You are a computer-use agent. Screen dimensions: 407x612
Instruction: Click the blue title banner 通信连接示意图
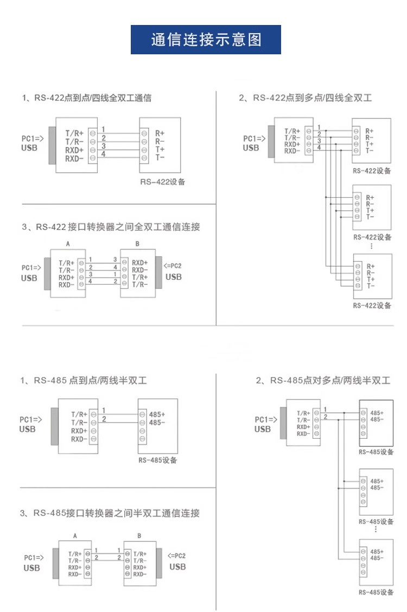click(206, 40)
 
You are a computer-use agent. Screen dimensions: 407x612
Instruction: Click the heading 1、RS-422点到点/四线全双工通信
click(87, 98)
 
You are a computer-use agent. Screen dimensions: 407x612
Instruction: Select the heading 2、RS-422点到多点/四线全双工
click(305, 98)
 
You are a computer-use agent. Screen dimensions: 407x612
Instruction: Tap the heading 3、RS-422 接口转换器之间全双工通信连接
click(111, 227)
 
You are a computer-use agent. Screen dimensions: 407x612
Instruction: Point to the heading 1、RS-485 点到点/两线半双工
click(84, 380)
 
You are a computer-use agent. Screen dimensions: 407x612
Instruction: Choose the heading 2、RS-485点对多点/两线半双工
click(323, 380)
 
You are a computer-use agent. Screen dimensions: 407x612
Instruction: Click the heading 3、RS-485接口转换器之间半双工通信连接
click(110, 513)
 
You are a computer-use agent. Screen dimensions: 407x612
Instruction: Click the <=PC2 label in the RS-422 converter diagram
click(173, 266)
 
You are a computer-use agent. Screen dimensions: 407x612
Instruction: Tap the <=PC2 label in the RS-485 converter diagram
click(177, 556)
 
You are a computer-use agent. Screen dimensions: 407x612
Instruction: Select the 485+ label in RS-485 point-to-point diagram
click(157, 414)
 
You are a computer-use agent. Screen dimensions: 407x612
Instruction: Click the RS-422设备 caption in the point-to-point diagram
click(163, 182)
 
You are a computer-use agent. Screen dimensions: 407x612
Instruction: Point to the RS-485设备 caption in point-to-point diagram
click(158, 460)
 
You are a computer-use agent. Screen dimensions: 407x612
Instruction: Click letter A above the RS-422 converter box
click(68, 243)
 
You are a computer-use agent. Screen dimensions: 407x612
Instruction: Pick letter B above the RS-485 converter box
click(139, 536)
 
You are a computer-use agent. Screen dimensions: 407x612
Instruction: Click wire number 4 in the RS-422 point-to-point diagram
click(104, 154)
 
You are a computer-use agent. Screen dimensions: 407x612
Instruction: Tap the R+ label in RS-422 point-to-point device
click(160, 133)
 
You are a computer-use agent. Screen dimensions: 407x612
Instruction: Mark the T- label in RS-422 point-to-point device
click(160, 157)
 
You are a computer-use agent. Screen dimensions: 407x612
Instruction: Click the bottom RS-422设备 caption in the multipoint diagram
click(372, 306)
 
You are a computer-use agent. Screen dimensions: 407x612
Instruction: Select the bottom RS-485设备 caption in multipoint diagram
click(376, 592)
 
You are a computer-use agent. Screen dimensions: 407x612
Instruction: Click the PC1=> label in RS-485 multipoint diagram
click(266, 420)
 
